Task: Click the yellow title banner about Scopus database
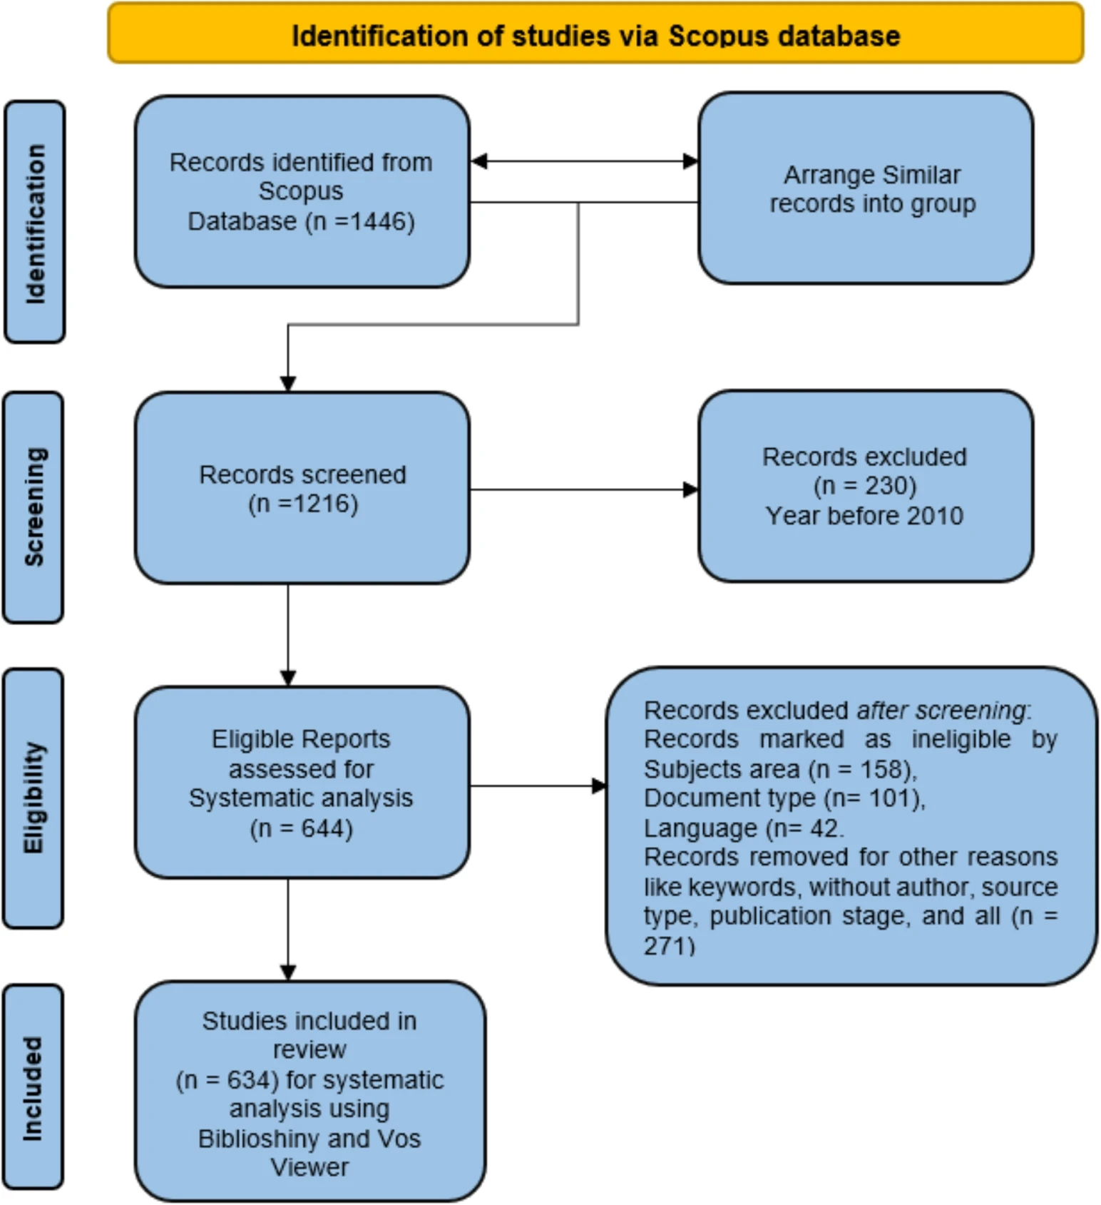595,34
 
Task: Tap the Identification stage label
34,222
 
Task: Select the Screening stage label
34,507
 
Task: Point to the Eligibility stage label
34,798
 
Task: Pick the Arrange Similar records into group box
866,188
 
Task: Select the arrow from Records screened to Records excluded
584,489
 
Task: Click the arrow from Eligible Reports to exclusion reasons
538,786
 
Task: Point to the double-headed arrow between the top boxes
584,161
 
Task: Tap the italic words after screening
941,711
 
